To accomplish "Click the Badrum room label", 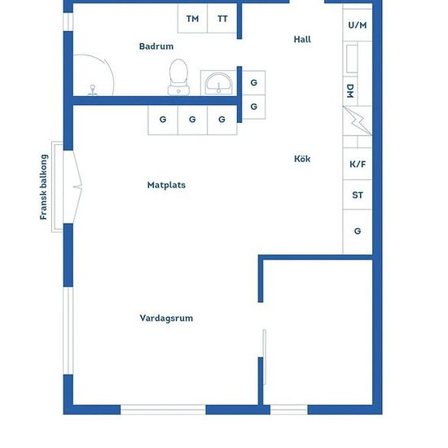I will pyautogui.click(x=156, y=47).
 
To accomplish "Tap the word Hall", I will pyautogui.click(x=302, y=39).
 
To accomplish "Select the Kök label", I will pyautogui.click(x=302, y=159).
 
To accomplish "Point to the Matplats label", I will pyautogui.click(x=166, y=185).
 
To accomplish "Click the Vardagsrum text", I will pyautogui.click(x=166, y=318).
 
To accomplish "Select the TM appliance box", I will pyautogui.click(x=192, y=19).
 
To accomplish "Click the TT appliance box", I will pyautogui.click(x=222, y=19).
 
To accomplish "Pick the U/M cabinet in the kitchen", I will pyautogui.click(x=357, y=25).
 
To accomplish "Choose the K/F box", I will pyautogui.click(x=357, y=165).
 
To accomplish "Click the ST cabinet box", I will pyautogui.click(x=357, y=195).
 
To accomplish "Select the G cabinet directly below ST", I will pyautogui.click(x=357, y=231).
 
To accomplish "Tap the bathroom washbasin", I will pyautogui.click(x=217, y=83).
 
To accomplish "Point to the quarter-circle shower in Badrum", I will pyautogui.click(x=94, y=76).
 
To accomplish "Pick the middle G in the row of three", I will pyautogui.click(x=192, y=120).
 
